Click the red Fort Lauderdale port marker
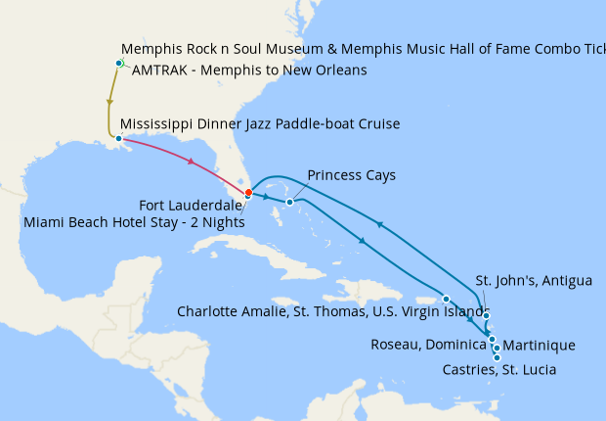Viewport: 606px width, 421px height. (x=248, y=192)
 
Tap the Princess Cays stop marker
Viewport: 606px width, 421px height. (x=290, y=203)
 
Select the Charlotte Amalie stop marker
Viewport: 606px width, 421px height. (x=446, y=299)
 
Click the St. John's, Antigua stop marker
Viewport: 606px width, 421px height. (x=486, y=314)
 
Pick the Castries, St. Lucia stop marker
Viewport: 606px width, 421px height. (x=498, y=357)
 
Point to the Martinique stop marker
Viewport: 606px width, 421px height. (x=497, y=348)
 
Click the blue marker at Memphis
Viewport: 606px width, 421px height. (x=118, y=64)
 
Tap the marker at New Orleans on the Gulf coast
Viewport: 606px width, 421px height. (x=118, y=138)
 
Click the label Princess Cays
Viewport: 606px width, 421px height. (x=351, y=175)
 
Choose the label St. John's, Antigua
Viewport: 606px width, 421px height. (x=534, y=282)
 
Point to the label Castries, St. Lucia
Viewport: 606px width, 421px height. (x=499, y=370)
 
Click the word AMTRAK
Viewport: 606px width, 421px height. (x=158, y=70)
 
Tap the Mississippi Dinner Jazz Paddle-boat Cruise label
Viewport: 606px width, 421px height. (x=259, y=124)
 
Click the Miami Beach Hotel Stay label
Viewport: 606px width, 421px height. (x=133, y=222)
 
